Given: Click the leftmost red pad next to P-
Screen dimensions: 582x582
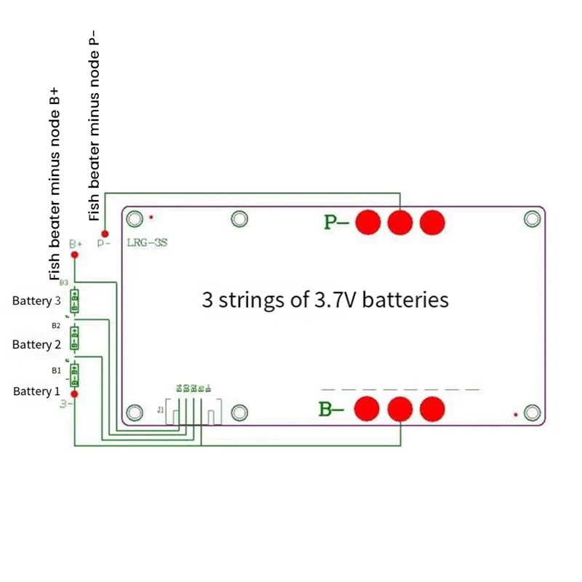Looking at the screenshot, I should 369,222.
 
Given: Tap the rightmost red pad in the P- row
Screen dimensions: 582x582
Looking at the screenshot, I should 432,222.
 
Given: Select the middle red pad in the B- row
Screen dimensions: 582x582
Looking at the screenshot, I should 400,409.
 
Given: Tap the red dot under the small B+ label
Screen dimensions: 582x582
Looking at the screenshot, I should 74,255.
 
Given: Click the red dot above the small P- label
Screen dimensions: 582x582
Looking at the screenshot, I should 105,234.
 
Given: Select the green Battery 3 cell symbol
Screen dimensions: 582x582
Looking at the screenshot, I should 74,300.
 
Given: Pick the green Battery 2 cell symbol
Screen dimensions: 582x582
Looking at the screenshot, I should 74,338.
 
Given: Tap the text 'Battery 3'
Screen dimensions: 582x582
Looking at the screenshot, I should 36,300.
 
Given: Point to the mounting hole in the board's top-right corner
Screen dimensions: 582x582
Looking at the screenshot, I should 533,218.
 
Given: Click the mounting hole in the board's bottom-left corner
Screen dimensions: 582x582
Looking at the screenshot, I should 134,412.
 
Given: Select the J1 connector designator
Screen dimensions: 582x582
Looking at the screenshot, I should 161,410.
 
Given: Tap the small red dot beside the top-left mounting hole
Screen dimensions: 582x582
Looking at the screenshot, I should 151,217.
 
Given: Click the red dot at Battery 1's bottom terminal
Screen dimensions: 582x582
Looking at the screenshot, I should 74,394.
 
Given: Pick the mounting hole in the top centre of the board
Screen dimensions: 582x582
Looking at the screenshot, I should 239,218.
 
